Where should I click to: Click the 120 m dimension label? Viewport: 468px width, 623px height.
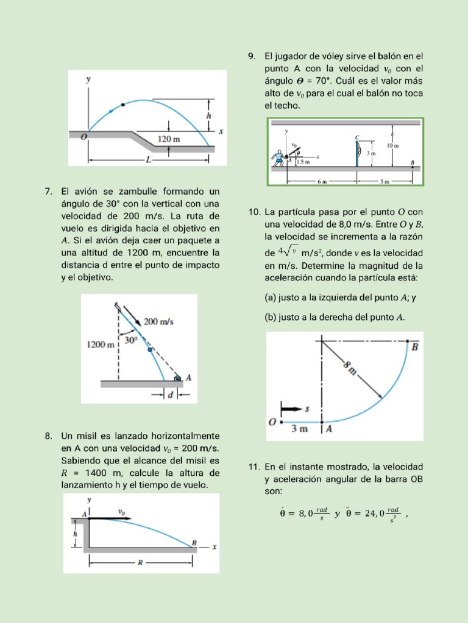169,139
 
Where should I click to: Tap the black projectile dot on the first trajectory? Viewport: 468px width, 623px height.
124,105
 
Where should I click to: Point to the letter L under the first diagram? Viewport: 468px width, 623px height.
148,160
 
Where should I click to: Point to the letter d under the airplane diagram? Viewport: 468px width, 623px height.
171,395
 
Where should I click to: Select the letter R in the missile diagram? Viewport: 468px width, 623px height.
140,563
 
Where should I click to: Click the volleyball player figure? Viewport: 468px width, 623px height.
280,158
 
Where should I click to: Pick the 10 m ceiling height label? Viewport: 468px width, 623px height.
394,145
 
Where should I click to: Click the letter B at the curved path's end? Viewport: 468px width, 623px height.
416,347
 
